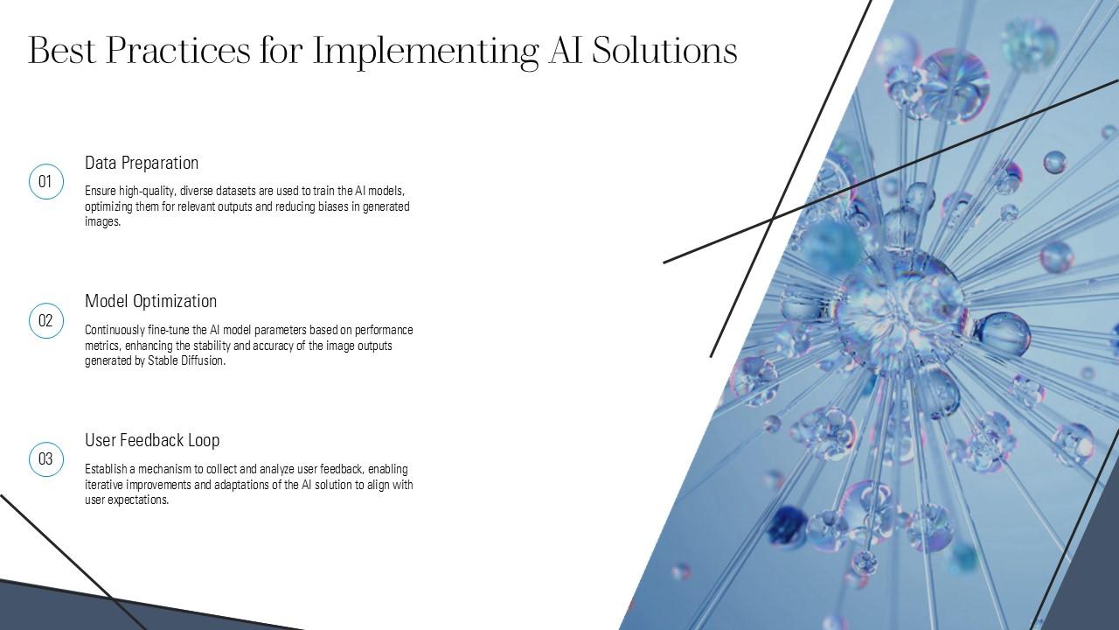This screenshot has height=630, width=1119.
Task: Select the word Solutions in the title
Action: pyautogui.click(x=664, y=51)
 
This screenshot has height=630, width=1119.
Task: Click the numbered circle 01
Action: pyautogui.click(x=46, y=182)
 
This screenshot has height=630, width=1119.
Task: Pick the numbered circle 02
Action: pyautogui.click(x=46, y=320)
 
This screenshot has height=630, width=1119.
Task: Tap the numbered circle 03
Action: pyautogui.click(x=46, y=459)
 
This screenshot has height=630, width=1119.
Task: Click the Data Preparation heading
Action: pyautogui.click(x=142, y=163)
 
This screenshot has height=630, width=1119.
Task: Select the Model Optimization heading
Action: pyautogui.click(x=150, y=301)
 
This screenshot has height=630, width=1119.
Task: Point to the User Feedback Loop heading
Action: pyautogui.click(x=152, y=440)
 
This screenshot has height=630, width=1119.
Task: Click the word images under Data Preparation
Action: pyautogui.click(x=102, y=222)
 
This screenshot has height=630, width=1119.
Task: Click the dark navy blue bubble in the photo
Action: pyautogui.click(x=787, y=524)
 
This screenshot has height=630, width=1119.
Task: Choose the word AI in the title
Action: pyautogui.click(x=566, y=51)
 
